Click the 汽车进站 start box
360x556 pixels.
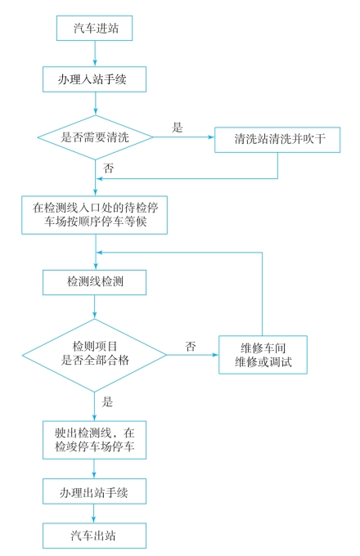(94, 28)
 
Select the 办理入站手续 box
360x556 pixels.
(94, 79)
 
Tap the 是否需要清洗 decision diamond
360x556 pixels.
(95, 137)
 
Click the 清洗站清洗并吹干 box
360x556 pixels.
(277, 140)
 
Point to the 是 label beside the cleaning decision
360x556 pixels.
(177, 128)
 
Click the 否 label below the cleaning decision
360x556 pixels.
(108, 168)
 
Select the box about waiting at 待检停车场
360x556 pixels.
(94, 215)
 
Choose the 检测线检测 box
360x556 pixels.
(94, 282)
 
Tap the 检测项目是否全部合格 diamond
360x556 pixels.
(94, 355)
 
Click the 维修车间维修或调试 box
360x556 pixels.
(263, 355)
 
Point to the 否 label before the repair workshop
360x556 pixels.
(191, 346)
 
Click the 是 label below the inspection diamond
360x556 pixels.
(107, 401)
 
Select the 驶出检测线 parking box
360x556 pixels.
(94, 440)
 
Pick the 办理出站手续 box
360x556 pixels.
(94, 491)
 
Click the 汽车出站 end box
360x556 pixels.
(94, 536)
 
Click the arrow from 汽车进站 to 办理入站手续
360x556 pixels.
(95, 53)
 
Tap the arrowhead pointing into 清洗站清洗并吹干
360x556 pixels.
(211, 137)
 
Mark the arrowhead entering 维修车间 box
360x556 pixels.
(215, 355)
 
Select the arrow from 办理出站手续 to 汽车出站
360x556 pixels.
(94, 513)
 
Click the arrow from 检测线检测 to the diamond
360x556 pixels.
(94, 307)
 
